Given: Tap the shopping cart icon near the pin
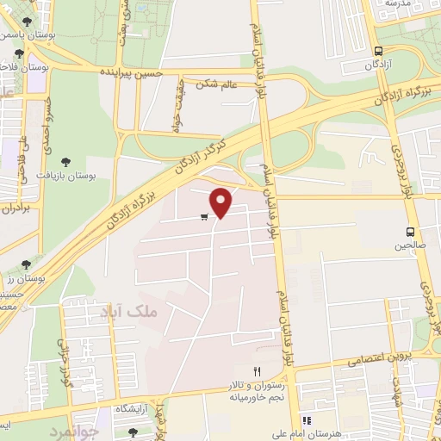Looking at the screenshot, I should [204, 217].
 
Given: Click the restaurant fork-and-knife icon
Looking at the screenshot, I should [256, 370].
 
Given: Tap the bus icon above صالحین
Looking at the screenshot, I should [410, 232].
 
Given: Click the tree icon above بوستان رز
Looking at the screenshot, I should [27, 264].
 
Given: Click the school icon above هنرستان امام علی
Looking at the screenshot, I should [306, 420].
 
